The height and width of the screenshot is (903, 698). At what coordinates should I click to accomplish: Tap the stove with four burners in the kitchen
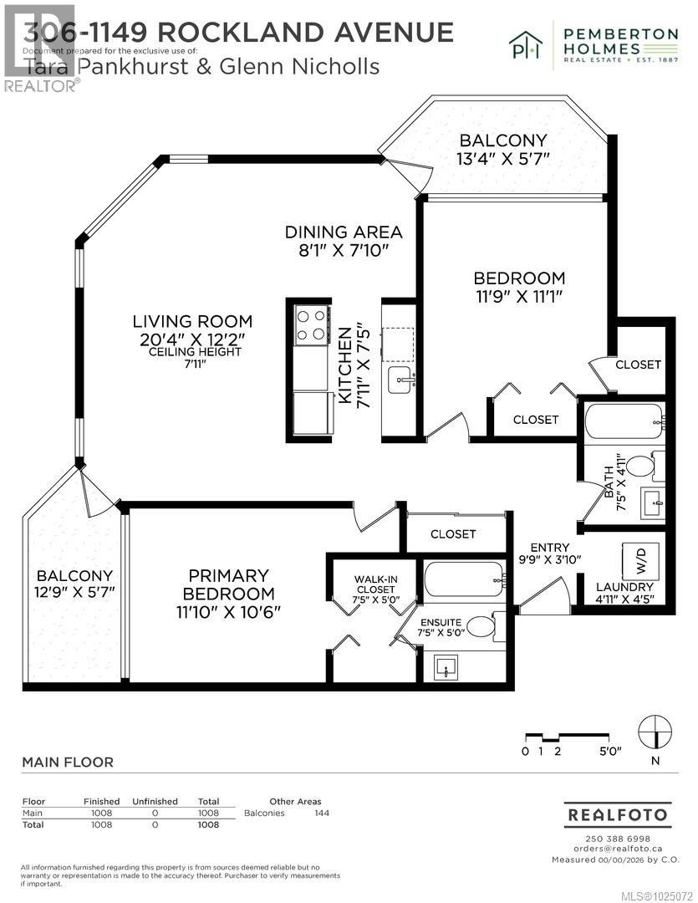coord(312,325)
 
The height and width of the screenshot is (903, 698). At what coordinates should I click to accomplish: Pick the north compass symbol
coord(655,732)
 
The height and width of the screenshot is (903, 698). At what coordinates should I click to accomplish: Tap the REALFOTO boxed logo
coord(618,814)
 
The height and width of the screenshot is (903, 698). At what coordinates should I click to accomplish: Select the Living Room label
coord(192,321)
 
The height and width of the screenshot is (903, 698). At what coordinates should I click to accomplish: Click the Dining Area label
coord(344,232)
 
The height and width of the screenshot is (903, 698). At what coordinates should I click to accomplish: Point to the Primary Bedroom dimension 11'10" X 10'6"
coord(228,611)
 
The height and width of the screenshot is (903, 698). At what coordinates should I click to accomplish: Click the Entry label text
coord(548,548)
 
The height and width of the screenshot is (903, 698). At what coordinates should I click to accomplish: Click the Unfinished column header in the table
coord(155,801)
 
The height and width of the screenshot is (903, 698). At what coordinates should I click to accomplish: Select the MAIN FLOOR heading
coord(67,762)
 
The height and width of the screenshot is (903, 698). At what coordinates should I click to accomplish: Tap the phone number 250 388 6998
coord(618,839)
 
